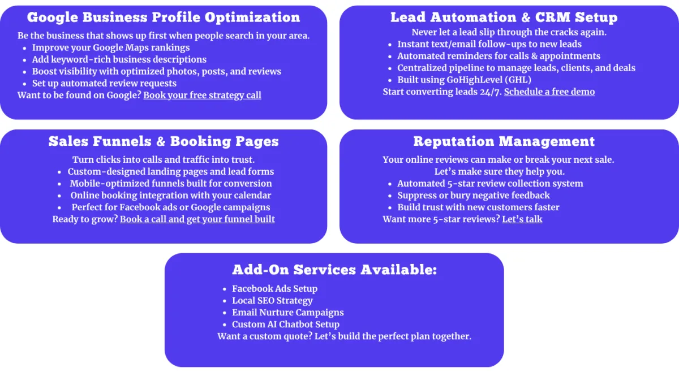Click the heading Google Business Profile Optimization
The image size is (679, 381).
pyautogui.click(x=164, y=18)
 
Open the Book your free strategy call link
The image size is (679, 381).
pyautogui.click(x=202, y=96)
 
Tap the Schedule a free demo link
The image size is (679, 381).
pyautogui.click(x=549, y=92)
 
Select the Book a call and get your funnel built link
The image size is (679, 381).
pyautogui.click(x=197, y=219)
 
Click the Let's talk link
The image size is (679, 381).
pyautogui.click(x=522, y=219)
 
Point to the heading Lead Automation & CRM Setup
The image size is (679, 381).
pyautogui.click(x=504, y=18)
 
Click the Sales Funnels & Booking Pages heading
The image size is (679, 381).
pyautogui.click(x=164, y=141)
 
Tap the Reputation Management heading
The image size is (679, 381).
pyautogui.click(x=504, y=141)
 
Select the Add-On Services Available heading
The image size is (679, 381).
pyautogui.click(x=334, y=270)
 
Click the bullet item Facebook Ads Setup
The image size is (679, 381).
pyautogui.click(x=274, y=289)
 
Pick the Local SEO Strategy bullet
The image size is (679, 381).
pyautogui.click(x=272, y=301)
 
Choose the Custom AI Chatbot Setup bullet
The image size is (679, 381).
pyautogui.click(x=286, y=324)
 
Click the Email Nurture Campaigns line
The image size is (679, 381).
pyautogui.click(x=287, y=313)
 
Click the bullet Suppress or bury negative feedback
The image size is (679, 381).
pyautogui.click(x=474, y=196)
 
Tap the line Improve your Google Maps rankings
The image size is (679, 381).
pyautogui.click(x=111, y=48)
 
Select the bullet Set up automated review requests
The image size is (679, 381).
pyautogui.click(x=104, y=83)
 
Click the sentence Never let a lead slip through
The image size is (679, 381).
pyautogui.click(x=509, y=32)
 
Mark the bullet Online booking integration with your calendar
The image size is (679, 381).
pyautogui.click(x=171, y=196)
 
